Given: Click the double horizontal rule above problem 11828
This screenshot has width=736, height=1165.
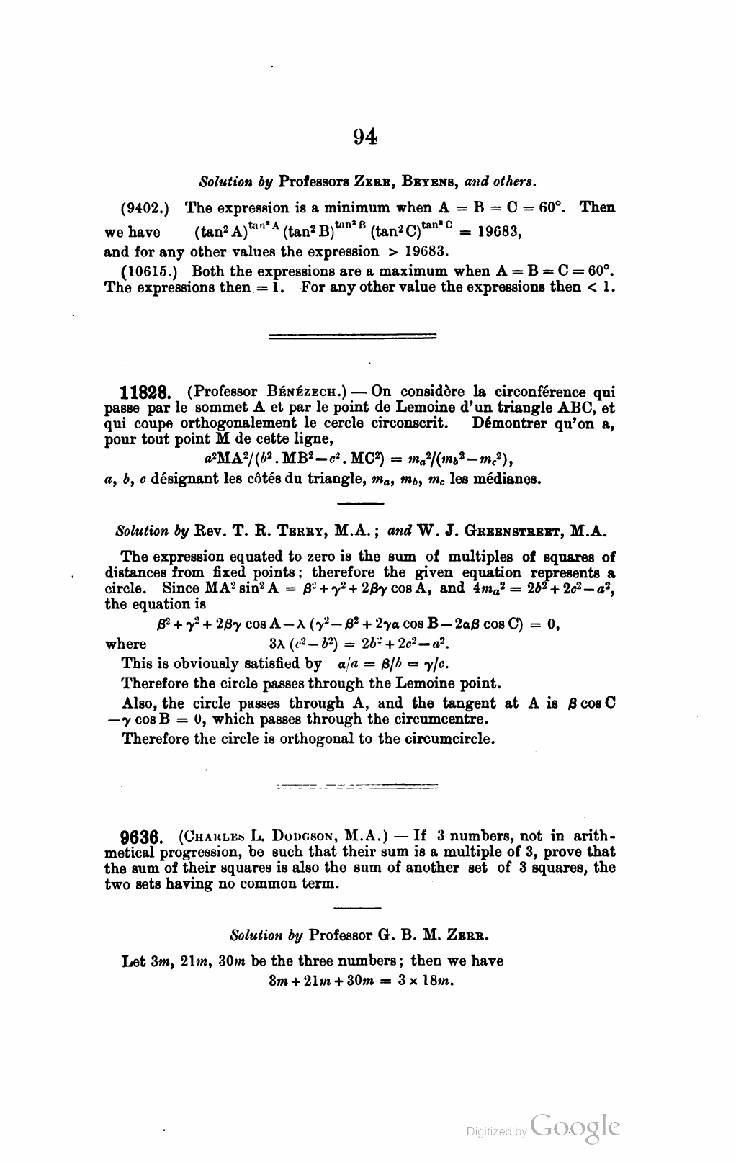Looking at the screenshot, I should [x=352, y=336].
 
